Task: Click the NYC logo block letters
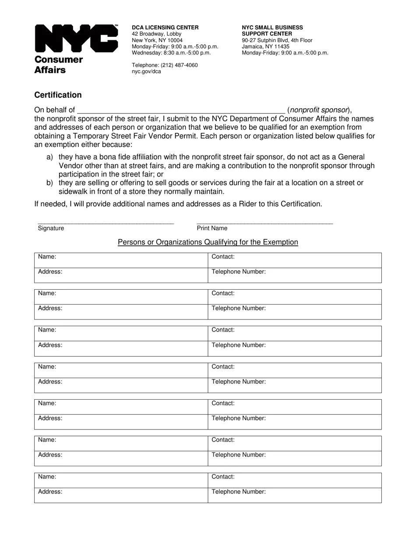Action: click(x=76, y=39)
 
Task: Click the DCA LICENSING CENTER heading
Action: click(x=165, y=28)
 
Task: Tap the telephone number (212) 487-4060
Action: click(x=165, y=65)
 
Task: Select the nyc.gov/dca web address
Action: click(x=146, y=71)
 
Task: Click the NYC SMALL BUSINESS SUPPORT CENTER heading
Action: click(x=272, y=31)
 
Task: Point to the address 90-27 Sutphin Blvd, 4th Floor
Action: click(x=277, y=40)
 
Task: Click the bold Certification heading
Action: click(x=58, y=95)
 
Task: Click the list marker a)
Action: click(x=49, y=157)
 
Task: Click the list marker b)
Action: click(x=49, y=183)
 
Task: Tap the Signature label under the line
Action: click(x=51, y=228)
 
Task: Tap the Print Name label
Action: click(x=212, y=228)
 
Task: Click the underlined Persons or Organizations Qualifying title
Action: click(x=208, y=242)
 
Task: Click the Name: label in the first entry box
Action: click(x=47, y=257)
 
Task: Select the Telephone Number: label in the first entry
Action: click(x=239, y=272)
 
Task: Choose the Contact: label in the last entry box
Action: click(x=223, y=477)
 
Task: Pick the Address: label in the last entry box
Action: click(x=50, y=492)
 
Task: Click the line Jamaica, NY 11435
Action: click(x=265, y=46)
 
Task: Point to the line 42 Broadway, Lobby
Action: click(x=156, y=34)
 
